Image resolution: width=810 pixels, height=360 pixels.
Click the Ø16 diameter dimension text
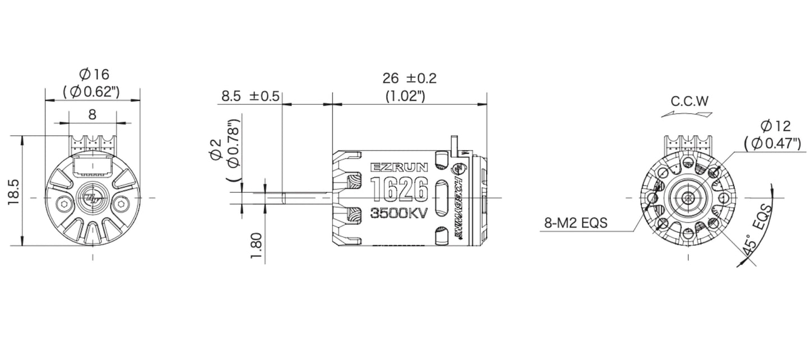point(94,74)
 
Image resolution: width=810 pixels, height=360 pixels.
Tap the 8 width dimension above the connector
point(92,114)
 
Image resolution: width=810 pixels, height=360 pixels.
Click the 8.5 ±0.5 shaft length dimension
point(250,96)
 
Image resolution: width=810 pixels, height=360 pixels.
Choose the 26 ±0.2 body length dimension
point(409,78)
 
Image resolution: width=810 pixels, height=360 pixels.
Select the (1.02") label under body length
point(405,96)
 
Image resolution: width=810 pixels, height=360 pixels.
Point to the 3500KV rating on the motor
point(400,213)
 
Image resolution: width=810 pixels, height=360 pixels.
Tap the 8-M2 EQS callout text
point(576,223)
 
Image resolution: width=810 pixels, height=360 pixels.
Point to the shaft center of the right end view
point(688,197)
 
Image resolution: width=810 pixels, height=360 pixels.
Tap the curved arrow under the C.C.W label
point(687,113)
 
